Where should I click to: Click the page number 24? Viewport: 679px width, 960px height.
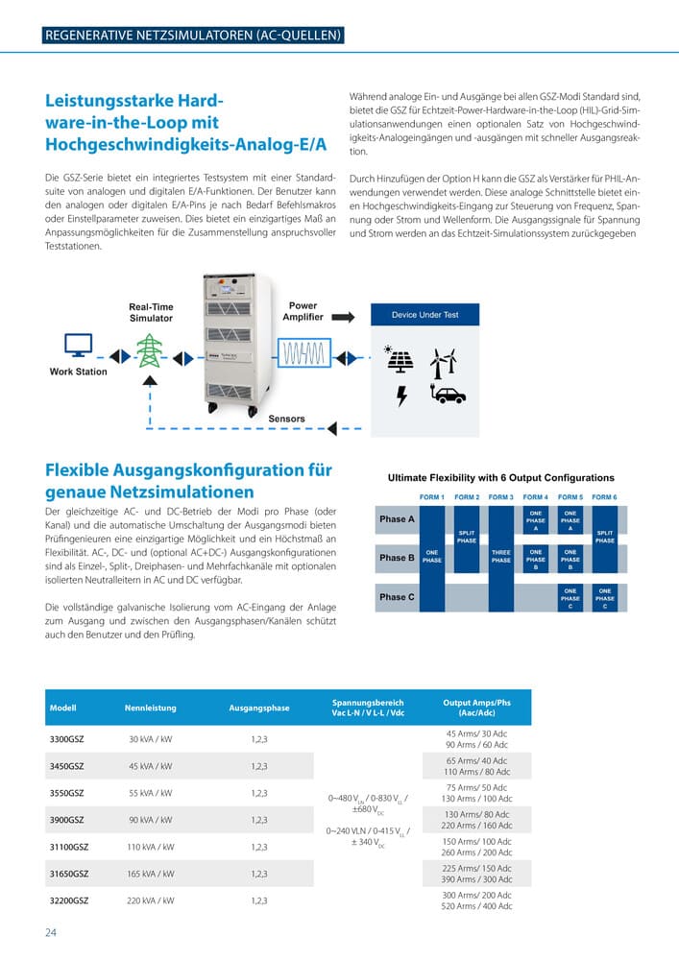click(52, 932)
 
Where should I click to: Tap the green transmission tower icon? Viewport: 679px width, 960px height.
click(149, 350)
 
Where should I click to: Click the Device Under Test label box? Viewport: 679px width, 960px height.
click(424, 315)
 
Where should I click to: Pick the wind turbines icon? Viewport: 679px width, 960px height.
click(443, 362)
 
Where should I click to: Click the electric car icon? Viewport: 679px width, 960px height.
click(449, 393)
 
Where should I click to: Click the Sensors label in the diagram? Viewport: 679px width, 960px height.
click(287, 419)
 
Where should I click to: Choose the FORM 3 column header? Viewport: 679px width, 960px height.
click(500, 497)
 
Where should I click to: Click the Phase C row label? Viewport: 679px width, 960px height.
click(397, 597)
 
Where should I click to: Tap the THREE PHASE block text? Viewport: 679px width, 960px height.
click(500, 556)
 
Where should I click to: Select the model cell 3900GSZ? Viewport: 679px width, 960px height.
click(66, 820)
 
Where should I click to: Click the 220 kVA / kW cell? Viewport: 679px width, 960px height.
click(151, 900)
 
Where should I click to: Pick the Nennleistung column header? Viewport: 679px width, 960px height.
click(151, 708)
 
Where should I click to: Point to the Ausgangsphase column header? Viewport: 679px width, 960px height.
click(258, 708)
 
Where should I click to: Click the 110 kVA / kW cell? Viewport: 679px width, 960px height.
click(151, 847)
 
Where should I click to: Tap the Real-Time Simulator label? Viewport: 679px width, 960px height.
click(151, 312)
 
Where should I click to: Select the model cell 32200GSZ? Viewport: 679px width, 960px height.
click(68, 900)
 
